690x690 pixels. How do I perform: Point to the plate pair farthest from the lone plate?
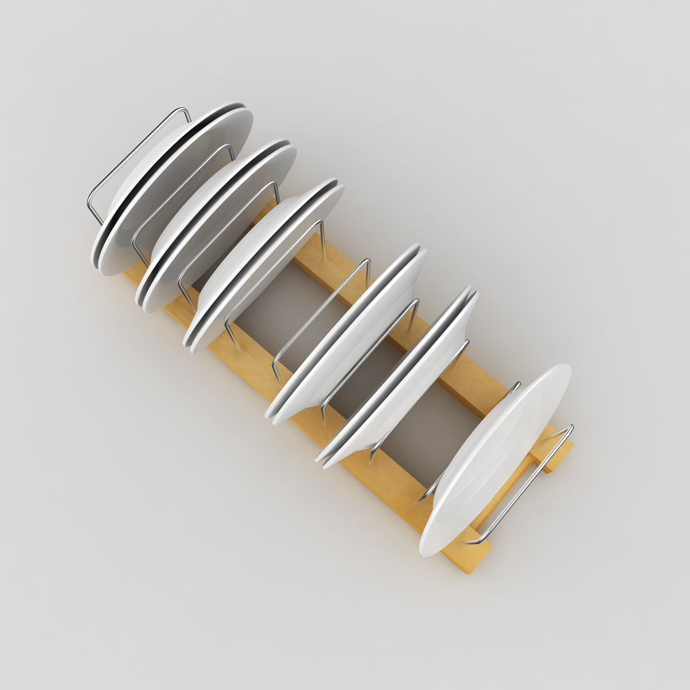pyautogui.click(x=172, y=190)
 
